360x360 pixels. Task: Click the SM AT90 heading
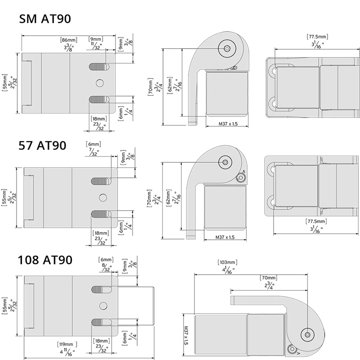click(45, 19)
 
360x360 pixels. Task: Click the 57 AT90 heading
click(42, 145)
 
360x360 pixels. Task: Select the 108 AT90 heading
click(45, 260)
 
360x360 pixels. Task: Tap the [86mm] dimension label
click(69, 40)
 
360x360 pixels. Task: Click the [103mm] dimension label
click(227, 262)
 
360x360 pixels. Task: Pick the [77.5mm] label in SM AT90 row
click(318, 36)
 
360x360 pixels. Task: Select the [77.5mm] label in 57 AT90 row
click(316, 221)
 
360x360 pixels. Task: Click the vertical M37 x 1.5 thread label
click(186, 335)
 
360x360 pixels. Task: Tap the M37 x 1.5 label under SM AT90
click(228, 124)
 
